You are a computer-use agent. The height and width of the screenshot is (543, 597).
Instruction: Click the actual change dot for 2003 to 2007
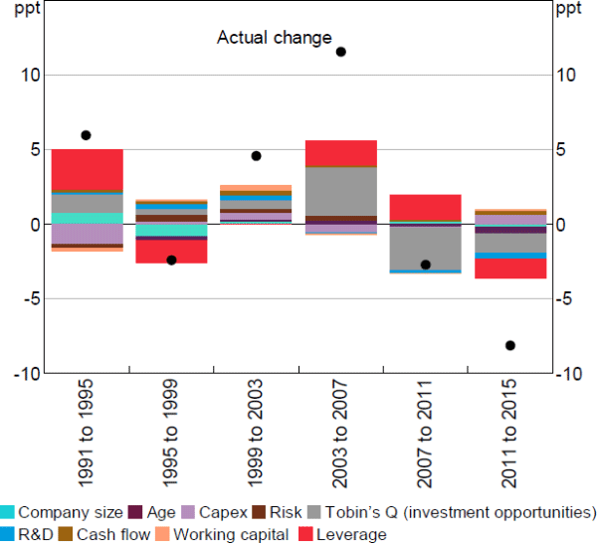(340, 52)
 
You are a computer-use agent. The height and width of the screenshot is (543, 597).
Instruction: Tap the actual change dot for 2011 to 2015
(510, 345)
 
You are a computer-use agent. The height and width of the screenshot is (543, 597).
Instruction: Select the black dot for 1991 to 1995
(86, 135)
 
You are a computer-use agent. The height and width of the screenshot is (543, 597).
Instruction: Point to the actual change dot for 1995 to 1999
(171, 261)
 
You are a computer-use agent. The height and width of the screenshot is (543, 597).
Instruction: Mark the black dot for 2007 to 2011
(426, 265)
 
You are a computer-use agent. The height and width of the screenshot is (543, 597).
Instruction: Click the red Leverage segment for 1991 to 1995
(87, 169)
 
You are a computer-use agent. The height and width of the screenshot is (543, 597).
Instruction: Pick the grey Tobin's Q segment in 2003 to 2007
(340, 191)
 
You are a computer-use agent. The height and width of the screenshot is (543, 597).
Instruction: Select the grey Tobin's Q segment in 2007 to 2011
(426, 248)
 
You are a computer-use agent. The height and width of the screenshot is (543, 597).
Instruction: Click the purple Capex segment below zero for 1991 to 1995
(87, 234)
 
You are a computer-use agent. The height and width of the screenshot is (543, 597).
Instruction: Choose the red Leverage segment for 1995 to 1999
(171, 252)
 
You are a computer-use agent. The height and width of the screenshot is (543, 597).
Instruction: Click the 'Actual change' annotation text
(274, 38)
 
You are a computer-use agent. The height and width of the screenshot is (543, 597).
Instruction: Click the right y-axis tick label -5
(565, 299)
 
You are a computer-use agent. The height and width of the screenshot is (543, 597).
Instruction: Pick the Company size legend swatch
(8, 513)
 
